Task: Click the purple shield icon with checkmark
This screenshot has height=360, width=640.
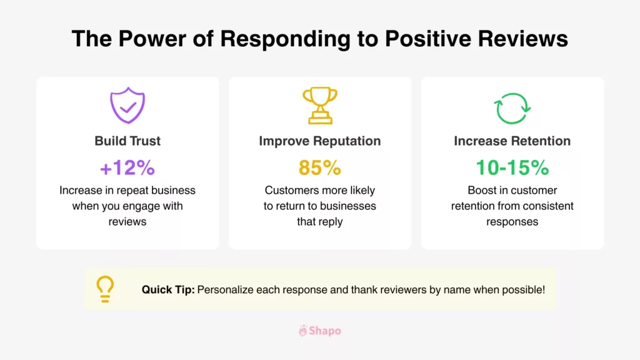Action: coord(127,106)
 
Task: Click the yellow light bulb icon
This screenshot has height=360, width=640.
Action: coord(104,289)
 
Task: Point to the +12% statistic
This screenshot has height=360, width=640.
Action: coord(127,167)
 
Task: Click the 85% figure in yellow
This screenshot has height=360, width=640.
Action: coord(319,167)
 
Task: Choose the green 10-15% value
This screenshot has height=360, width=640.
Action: coord(512,167)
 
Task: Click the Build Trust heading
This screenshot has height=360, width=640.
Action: coord(127,141)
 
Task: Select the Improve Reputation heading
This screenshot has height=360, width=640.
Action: coord(319,141)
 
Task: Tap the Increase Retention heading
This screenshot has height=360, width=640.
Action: coord(512,141)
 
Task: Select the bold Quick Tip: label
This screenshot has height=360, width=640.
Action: coord(167,289)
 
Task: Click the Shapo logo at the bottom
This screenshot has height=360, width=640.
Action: coord(320,331)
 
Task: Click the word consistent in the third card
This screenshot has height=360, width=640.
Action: coord(550,206)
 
